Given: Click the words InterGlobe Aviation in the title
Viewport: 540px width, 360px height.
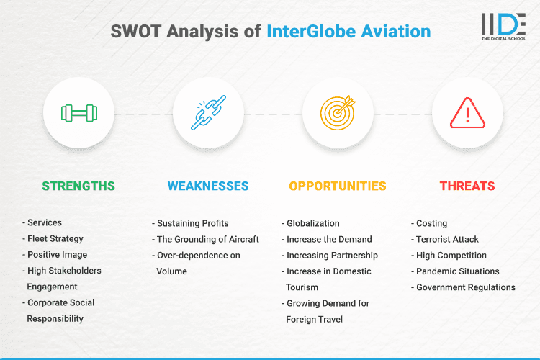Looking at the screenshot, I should tap(348, 32).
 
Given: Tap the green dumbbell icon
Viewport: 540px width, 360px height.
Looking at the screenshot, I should tap(78, 113).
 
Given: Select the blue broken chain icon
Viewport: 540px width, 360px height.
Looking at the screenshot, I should tap(208, 113).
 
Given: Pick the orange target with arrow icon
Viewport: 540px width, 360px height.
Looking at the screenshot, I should tap(338, 113).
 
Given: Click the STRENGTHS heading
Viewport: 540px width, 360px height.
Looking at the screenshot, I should tap(78, 186).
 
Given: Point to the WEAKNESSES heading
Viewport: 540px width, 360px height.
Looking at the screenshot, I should tap(208, 186).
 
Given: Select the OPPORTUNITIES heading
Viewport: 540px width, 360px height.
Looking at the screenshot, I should tap(338, 186).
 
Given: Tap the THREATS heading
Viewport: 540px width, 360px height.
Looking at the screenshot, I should tap(467, 186).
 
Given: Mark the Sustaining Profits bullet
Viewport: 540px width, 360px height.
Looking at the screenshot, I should tap(193, 223).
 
